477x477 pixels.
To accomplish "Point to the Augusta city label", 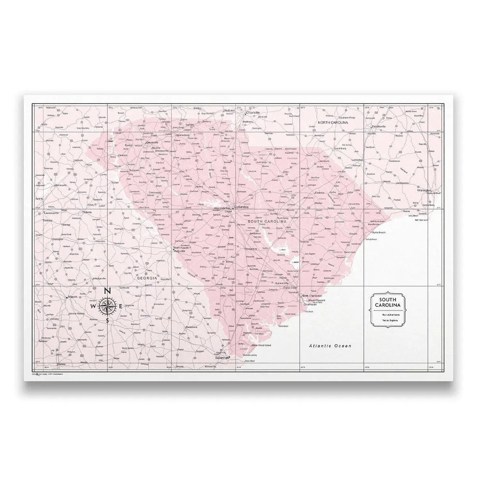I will coord(179,251).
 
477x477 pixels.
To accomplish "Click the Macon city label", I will coord(72,297).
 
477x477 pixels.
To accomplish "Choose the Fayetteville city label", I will coord(378,126).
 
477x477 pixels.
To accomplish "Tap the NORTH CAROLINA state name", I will coord(333,122).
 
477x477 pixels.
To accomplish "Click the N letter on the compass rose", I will coord(107,291).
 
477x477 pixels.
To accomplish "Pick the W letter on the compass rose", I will coord(93,306).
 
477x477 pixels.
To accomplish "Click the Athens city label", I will coord(87,213).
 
